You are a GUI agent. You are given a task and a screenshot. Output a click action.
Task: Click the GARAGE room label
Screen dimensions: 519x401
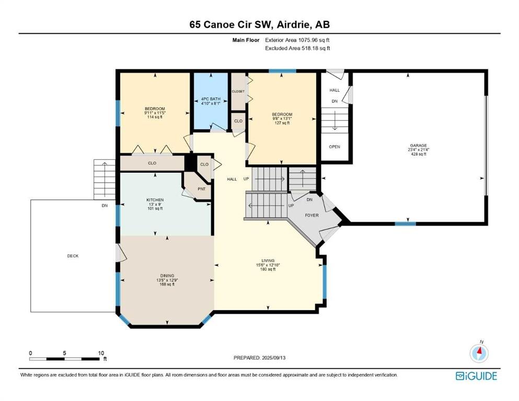418,146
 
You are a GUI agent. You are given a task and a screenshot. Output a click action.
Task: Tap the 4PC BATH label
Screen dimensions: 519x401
211,99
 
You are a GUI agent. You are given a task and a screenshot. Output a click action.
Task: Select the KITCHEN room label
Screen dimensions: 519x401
155,200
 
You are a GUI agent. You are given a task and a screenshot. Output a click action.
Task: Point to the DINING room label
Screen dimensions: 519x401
167,276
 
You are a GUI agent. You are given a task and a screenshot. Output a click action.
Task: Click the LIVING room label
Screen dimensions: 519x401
268,261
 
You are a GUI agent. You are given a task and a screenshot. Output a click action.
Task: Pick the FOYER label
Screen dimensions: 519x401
312,215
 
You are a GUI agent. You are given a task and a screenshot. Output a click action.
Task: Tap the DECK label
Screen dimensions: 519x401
73,256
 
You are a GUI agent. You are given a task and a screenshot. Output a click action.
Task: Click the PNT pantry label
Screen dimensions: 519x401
202,189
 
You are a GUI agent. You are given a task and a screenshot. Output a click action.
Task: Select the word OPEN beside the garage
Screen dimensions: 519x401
335,147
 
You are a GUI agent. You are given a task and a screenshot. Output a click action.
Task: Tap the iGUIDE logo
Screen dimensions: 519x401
476,376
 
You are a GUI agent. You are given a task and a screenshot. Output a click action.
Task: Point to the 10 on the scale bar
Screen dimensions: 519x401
101,353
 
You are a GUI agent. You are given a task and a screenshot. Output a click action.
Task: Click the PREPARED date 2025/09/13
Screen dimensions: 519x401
273,358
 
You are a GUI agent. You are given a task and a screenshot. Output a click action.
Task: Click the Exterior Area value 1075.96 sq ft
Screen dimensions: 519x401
314,40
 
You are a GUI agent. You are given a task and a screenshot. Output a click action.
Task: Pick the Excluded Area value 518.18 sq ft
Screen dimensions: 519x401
316,48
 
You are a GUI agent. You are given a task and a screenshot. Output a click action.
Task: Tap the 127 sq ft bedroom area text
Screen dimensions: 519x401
282,123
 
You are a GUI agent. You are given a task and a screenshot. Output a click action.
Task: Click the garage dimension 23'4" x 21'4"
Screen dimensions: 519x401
418,149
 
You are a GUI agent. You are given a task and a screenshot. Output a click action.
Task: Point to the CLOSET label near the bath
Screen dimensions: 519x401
238,91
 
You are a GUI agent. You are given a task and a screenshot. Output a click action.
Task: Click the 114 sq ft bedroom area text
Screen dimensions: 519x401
155,116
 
